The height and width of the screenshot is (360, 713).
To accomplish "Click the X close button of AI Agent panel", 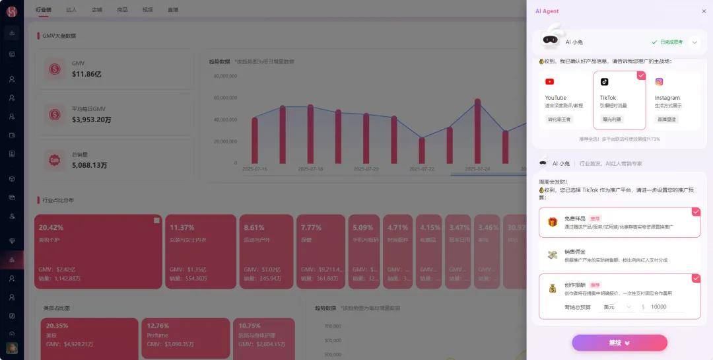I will click(704, 11).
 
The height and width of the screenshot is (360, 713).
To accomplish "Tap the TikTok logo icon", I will click(604, 82).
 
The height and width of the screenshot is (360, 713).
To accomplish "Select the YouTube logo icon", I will click(549, 82).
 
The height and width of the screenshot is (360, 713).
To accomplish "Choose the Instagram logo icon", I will click(659, 82).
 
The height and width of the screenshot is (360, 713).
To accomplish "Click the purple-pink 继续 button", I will click(619, 343).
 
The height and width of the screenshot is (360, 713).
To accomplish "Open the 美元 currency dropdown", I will click(617, 307).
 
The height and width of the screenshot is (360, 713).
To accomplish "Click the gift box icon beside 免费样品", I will click(552, 222).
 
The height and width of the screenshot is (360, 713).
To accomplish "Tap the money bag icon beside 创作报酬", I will click(552, 289).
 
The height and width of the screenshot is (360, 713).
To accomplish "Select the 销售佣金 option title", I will click(574, 252).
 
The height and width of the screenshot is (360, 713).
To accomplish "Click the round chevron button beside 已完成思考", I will click(694, 42).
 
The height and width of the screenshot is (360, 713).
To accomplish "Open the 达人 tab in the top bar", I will click(71, 10).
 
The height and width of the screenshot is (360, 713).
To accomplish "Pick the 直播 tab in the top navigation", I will click(173, 10).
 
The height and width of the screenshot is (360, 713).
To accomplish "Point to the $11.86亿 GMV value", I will click(86, 75).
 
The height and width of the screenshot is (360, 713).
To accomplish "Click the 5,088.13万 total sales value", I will click(89, 165).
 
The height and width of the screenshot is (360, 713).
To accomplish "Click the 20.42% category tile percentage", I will click(51, 228).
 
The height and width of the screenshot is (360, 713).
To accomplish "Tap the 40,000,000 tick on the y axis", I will click(226, 120).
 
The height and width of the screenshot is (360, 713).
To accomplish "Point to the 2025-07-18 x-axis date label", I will click(311, 169).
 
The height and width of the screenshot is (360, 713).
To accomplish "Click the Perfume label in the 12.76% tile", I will click(158, 336).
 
